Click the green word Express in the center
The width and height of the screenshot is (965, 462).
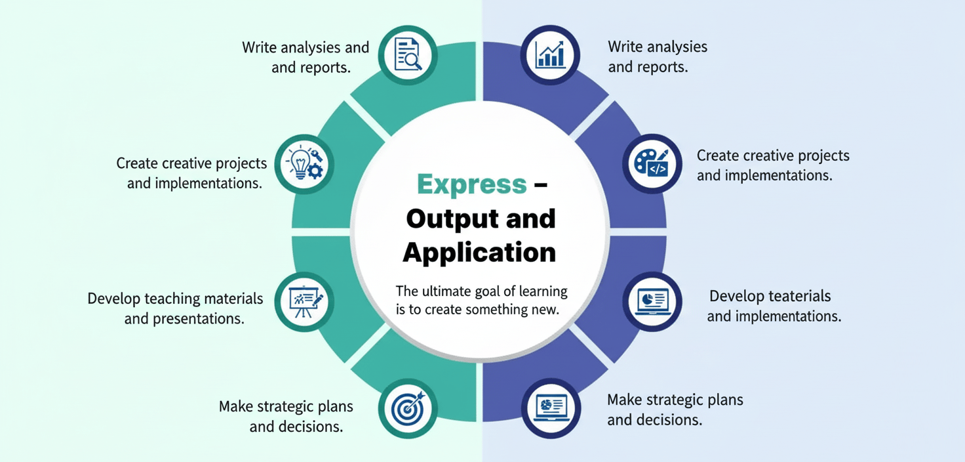471,184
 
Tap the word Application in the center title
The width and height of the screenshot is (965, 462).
479,252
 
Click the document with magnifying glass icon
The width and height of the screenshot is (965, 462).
408,55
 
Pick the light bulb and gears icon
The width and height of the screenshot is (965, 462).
305,163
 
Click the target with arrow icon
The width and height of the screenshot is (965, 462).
408,408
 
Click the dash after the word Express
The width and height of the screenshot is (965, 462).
540,184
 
